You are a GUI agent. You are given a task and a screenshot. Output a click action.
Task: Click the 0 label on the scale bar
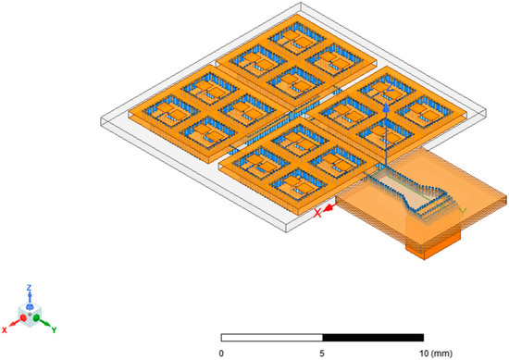pyautogui.click(x=221, y=352)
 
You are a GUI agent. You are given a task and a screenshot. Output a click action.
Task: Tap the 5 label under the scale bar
pyautogui.click(x=322, y=352)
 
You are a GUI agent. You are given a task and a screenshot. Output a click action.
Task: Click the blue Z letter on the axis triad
pyautogui.click(x=29, y=288)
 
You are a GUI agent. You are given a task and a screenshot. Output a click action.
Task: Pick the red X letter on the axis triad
pyautogui.click(x=6, y=329)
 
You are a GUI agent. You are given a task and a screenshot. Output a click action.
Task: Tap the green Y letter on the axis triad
pyautogui.click(x=55, y=329)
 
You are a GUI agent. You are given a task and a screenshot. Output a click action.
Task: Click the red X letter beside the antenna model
pyautogui.click(x=318, y=212)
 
